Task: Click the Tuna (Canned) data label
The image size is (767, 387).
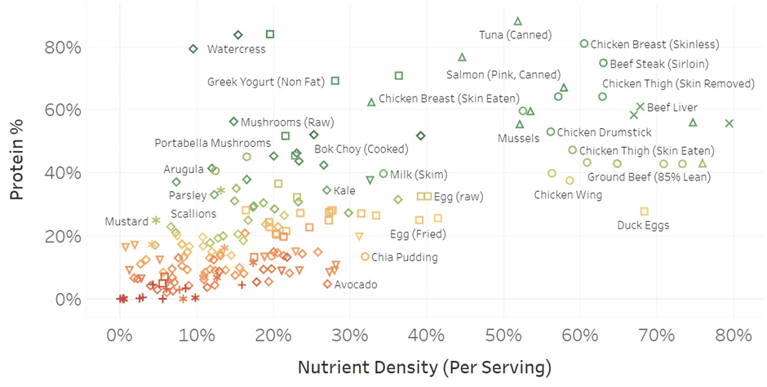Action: [x=515, y=35]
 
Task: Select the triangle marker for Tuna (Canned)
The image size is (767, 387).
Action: [x=517, y=21]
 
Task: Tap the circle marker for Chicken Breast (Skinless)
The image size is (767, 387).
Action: [x=584, y=43]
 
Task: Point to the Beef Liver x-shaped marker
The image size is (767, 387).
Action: [x=641, y=107]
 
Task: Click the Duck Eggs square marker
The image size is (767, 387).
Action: [x=644, y=211]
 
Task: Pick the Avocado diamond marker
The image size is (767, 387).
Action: [x=327, y=284]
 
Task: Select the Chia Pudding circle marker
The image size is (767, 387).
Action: [x=365, y=256]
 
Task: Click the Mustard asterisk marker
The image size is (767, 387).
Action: [x=156, y=220]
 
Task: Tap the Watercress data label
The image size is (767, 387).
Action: [x=236, y=49]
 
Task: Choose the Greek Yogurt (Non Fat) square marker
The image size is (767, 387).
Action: [x=335, y=81]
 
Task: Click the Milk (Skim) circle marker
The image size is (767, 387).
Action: [x=383, y=174]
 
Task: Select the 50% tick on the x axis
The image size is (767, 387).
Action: [x=426, y=333]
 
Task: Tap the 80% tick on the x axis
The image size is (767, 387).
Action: [x=733, y=333]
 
